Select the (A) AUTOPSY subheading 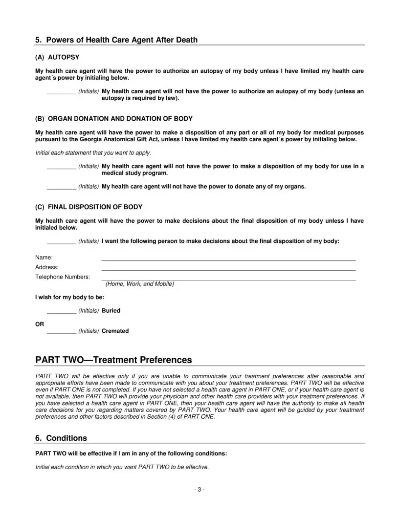[x=57, y=57]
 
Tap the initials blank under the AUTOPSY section [x=61, y=92]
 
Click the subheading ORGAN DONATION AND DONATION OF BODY [x=114, y=119]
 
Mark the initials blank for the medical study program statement [x=61, y=167]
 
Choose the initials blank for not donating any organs [x=61, y=187]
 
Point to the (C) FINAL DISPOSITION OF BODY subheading [x=89, y=207]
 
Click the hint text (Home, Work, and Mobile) [x=139, y=284]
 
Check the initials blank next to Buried [x=61, y=311]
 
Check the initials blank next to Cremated [x=61, y=331]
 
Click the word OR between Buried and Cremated [x=40, y=324]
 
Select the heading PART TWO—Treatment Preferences [x=113, y=360]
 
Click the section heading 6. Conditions [x=61, y=438]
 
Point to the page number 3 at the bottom [x=199, y=490]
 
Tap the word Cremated [x=115, y=331]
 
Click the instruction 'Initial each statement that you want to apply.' [x=93, y=153]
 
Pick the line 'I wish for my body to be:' [x=69, y=297]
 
